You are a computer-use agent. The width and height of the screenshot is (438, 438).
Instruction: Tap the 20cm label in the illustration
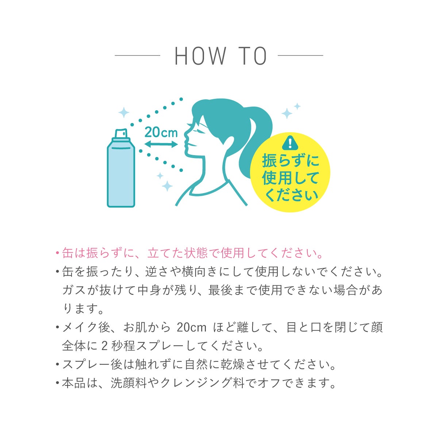pos(161,132)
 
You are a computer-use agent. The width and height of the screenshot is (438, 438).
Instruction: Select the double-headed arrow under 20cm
pos(161,144)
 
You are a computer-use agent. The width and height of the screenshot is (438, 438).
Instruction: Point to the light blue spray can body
pos(121,175)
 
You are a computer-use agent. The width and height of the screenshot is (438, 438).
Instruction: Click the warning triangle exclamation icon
pos(290,142)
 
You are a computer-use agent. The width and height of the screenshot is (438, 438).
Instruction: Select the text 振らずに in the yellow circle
pos(290,161)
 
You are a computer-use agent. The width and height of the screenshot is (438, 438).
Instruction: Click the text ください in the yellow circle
pos(290,195)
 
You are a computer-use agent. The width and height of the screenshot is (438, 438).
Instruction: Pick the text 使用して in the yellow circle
pos(290,178)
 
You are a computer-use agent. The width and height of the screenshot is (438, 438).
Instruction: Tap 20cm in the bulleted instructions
pos(191,327)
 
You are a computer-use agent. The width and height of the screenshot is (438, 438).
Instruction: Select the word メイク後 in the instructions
pos(86,327)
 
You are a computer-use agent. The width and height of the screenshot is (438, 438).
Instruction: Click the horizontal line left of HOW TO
pos(138,55)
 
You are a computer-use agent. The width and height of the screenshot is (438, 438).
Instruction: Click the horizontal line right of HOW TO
pos(300,55)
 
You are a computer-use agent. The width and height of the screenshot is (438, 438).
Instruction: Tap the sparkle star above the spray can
pos(124,112)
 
